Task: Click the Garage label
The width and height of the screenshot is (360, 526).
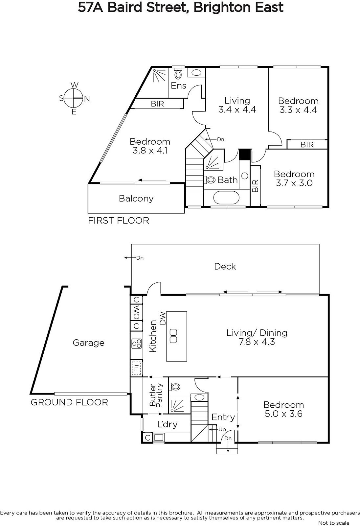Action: coord(88,343)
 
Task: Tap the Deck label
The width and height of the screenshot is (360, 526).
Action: coord(225,267)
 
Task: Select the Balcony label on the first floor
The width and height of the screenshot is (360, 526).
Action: coord(136,199)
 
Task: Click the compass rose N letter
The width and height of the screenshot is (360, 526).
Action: coord(87,99)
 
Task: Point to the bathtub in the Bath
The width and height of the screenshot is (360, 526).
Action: coord(226,198)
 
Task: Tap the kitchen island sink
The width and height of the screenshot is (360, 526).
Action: coord(173,336)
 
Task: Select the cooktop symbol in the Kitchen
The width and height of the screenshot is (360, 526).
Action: coord(137,344)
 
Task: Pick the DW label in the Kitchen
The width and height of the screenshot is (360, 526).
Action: coord(163,318)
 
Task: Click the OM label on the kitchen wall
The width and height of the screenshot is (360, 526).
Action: coord(136,313)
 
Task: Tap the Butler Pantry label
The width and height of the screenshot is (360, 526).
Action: coord(156,395)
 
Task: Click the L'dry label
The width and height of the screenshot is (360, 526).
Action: coord(167,424)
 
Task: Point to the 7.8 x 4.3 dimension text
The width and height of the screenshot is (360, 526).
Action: coord(257,342)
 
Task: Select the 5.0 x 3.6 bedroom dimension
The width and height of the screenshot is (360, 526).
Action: coord(283,414)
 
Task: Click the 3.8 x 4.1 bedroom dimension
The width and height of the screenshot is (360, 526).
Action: coord(150,150)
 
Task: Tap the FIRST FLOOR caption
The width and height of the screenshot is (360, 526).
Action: coord(119,221)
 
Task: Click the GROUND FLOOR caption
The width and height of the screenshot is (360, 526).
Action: coord(69,402)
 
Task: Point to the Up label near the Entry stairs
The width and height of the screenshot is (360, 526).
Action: coord(222,429)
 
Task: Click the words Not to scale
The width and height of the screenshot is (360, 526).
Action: coord(334,523)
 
